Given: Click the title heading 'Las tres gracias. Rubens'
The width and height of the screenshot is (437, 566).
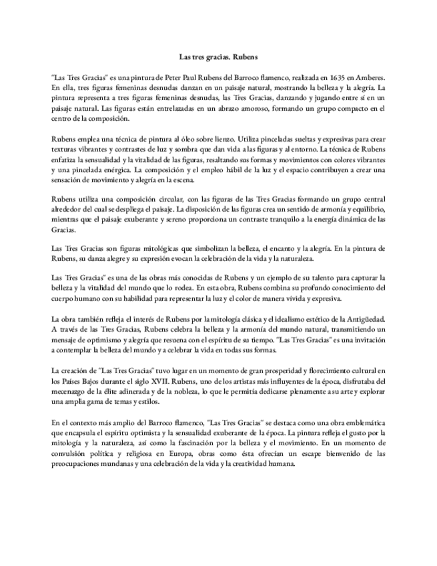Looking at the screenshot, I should [x=218, y=57].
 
